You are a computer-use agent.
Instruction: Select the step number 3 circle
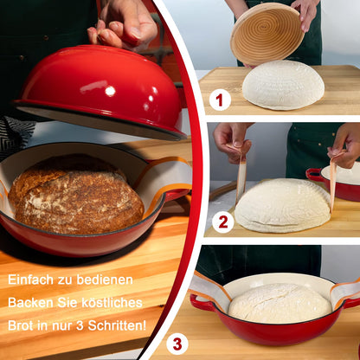tap(177, 344)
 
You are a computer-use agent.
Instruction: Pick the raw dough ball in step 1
tap(283, 85)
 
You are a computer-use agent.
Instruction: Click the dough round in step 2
tap(282, 206)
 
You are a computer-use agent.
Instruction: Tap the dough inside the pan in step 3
tap(279, 303)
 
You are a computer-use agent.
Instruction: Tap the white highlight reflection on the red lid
tap(109, 91)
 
